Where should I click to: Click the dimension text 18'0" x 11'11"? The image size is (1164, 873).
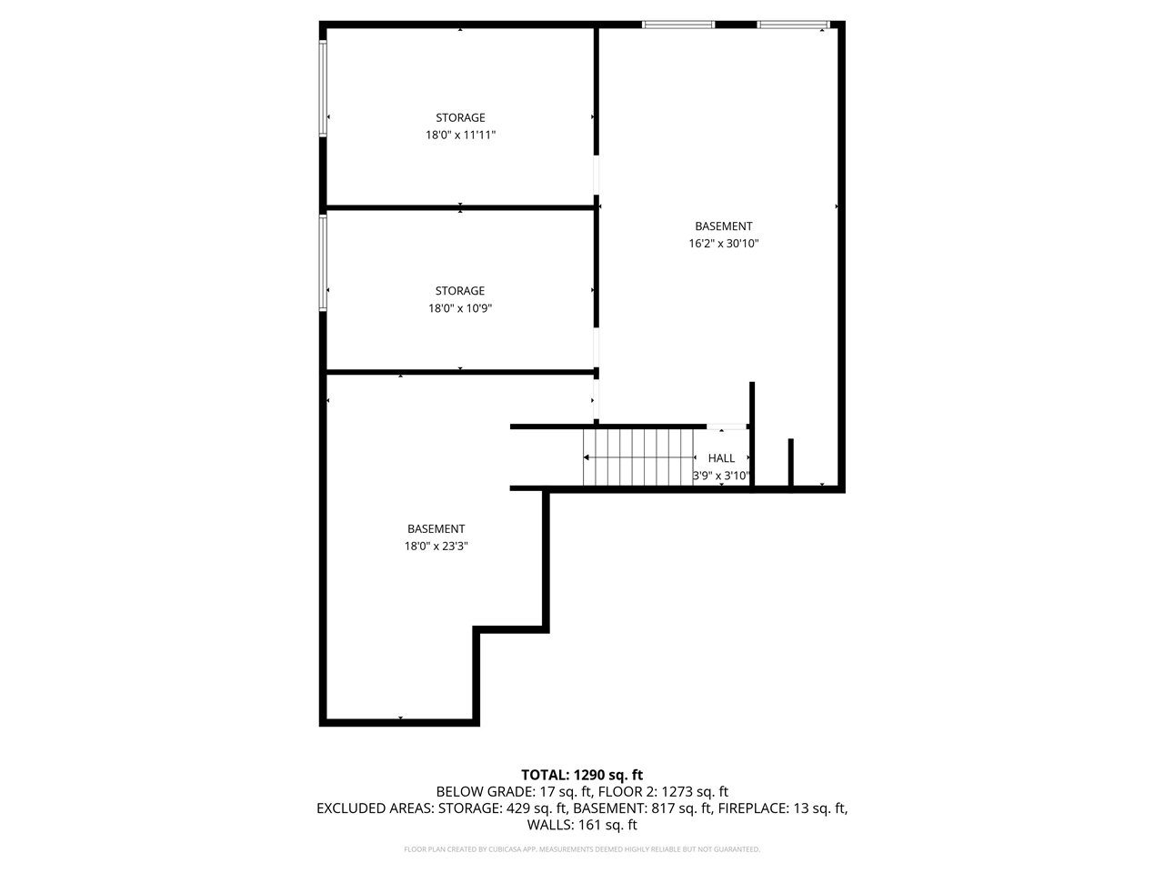pos(460,135)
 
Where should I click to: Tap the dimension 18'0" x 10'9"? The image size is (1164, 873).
pos(460,308)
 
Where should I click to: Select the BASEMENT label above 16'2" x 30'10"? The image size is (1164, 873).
pos(724,226)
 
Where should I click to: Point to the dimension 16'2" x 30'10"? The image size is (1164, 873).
pos(724,244)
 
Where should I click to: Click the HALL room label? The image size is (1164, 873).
pos(721,458)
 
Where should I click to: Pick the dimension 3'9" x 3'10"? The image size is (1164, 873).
pos(721,475)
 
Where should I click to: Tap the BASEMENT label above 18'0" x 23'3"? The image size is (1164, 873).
pos(436,529)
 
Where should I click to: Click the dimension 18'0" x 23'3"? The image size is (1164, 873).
pos(436,547)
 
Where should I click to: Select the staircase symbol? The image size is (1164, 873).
pos(638,457)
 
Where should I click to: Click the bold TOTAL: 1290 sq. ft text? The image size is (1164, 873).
pos(582,775)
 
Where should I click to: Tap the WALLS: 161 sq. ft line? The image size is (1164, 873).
pos(582,825)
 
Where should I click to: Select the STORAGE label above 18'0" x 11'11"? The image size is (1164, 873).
pos(460,117)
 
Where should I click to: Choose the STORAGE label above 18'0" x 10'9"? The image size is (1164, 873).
pos(460,291)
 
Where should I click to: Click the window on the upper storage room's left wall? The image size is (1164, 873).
pos(323,88)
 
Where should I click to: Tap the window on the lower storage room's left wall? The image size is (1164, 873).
pos(323,262)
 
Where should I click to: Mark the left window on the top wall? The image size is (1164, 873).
pos(678,25)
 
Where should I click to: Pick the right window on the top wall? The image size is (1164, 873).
pos(794,25)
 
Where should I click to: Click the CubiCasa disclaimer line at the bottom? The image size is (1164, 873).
pos(582,849)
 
